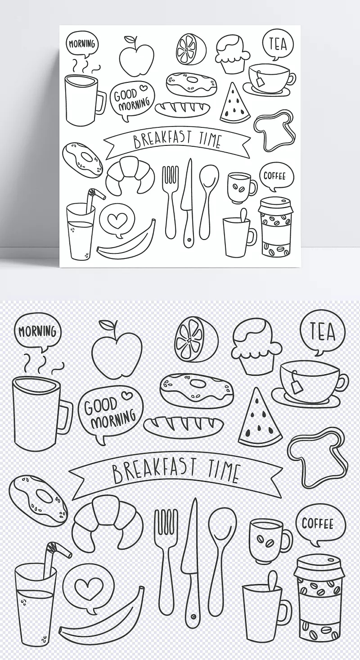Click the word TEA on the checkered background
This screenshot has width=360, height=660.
(x=323, y=331)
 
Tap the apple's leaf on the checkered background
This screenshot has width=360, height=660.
(x=106, y=325)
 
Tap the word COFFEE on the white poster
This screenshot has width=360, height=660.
(x=274, y=176)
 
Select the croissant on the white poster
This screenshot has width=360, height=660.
(x=130, y=175)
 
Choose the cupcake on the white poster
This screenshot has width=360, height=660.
(x=232, y=54)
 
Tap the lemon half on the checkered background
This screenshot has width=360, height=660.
(x=197, y=339)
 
